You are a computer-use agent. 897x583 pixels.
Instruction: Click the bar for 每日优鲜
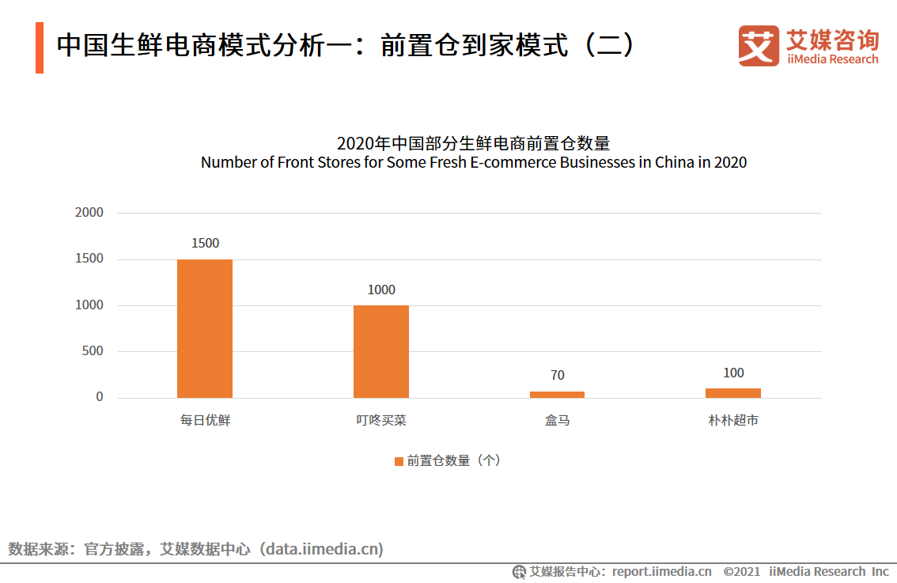point(205,328)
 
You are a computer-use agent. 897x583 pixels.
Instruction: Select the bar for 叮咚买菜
point(381,351)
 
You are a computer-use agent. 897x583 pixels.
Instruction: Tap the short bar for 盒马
point(557,394)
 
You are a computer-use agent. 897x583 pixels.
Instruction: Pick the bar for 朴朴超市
point(733,392)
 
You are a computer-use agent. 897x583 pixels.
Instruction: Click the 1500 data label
point(205,244)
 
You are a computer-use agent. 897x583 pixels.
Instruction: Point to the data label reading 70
point(558,375)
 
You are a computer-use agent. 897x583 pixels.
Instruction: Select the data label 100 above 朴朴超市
point(733,373)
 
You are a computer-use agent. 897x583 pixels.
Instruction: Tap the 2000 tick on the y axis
point(89,213)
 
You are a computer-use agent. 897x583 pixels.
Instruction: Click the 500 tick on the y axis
point(93,351)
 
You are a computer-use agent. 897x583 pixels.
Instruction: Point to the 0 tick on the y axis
point(100,397)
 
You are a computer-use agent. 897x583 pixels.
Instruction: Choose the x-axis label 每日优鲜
point(205,421)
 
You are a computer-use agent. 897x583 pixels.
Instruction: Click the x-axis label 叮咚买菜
point(381,421)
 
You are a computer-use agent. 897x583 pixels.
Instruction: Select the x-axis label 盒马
point(558,421)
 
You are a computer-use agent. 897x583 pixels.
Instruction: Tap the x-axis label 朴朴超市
point(733,421)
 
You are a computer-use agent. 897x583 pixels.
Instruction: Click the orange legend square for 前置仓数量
point(399,461)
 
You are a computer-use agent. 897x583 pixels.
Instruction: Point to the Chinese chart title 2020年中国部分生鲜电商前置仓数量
point(473,144)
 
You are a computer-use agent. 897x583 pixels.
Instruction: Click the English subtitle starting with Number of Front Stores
point(473,163)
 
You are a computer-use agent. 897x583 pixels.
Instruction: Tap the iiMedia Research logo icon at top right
point(758,46)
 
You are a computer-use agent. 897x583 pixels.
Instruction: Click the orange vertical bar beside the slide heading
point(40,47)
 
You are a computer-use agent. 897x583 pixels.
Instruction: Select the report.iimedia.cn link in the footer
point(661,571)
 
